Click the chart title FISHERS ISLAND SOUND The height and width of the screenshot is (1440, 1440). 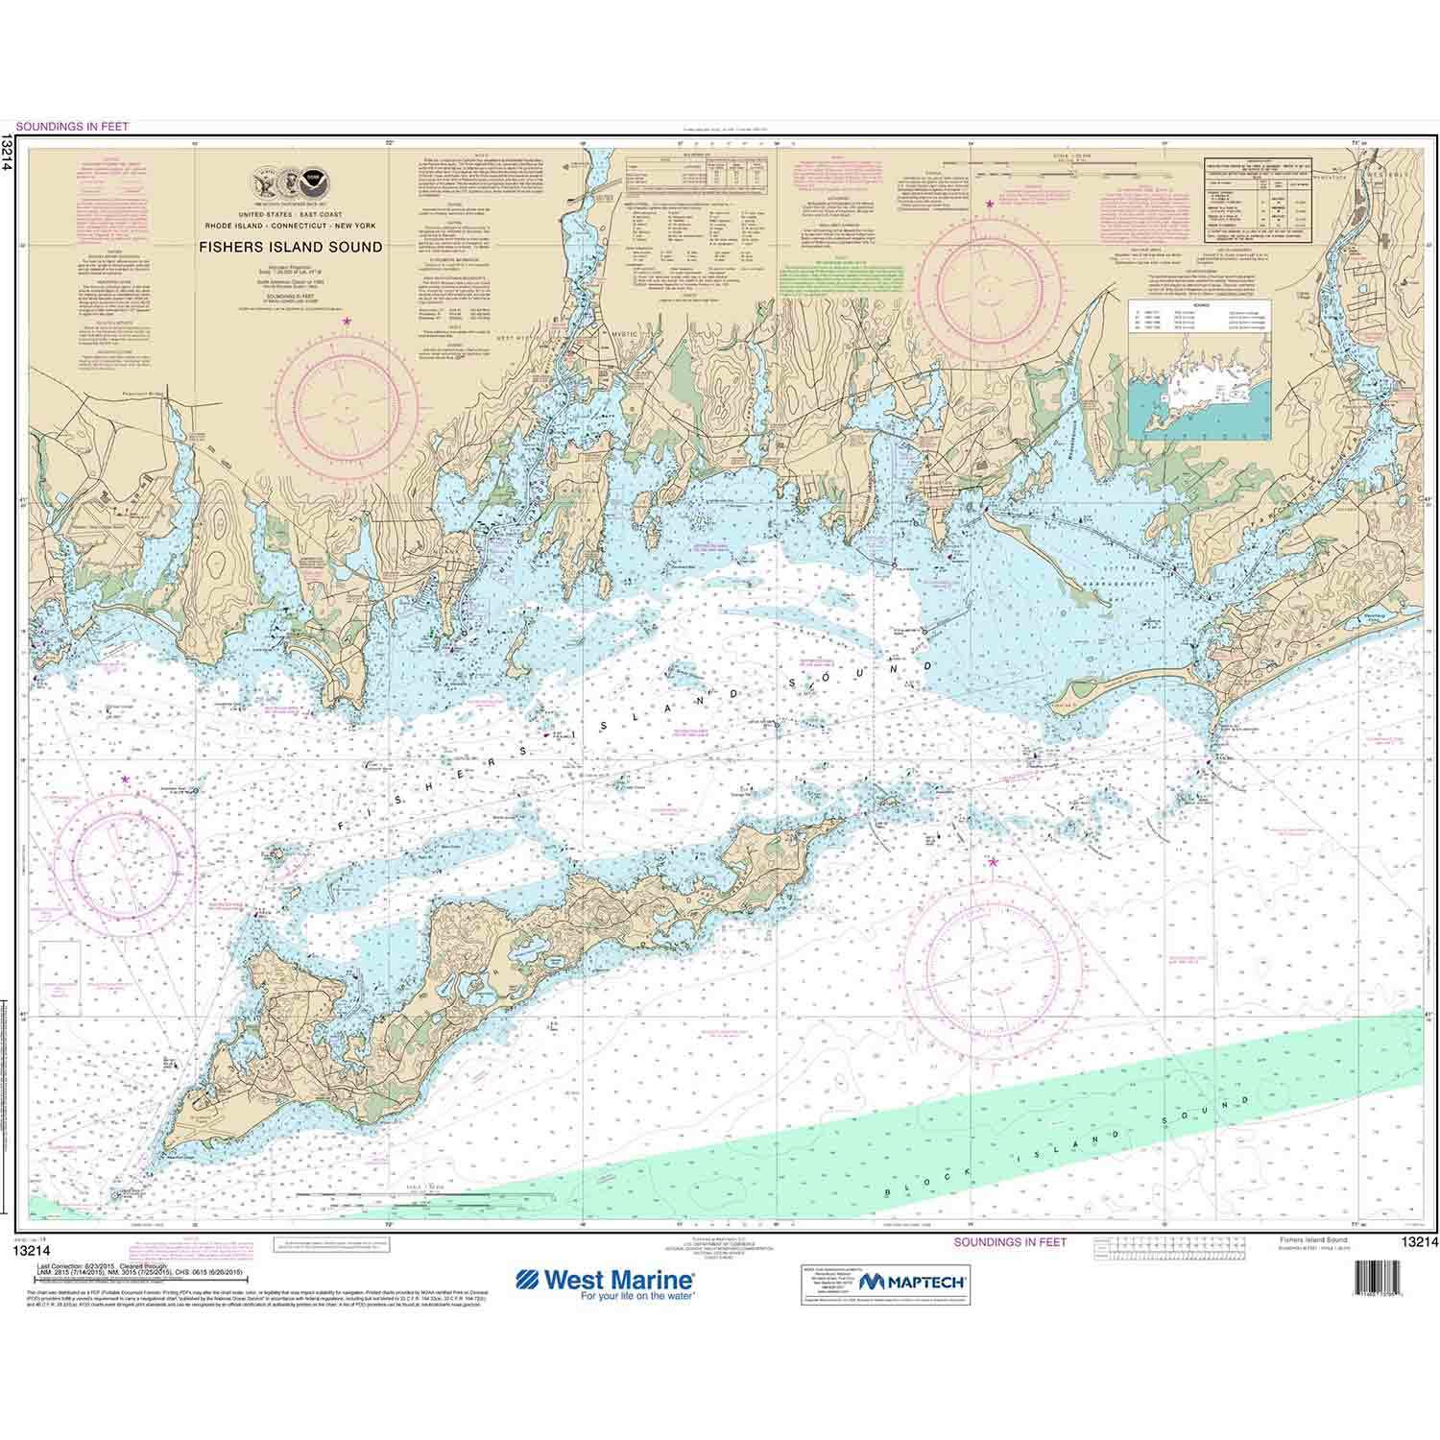click(290, 247)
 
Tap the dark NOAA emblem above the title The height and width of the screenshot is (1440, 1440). click(313, 180)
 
